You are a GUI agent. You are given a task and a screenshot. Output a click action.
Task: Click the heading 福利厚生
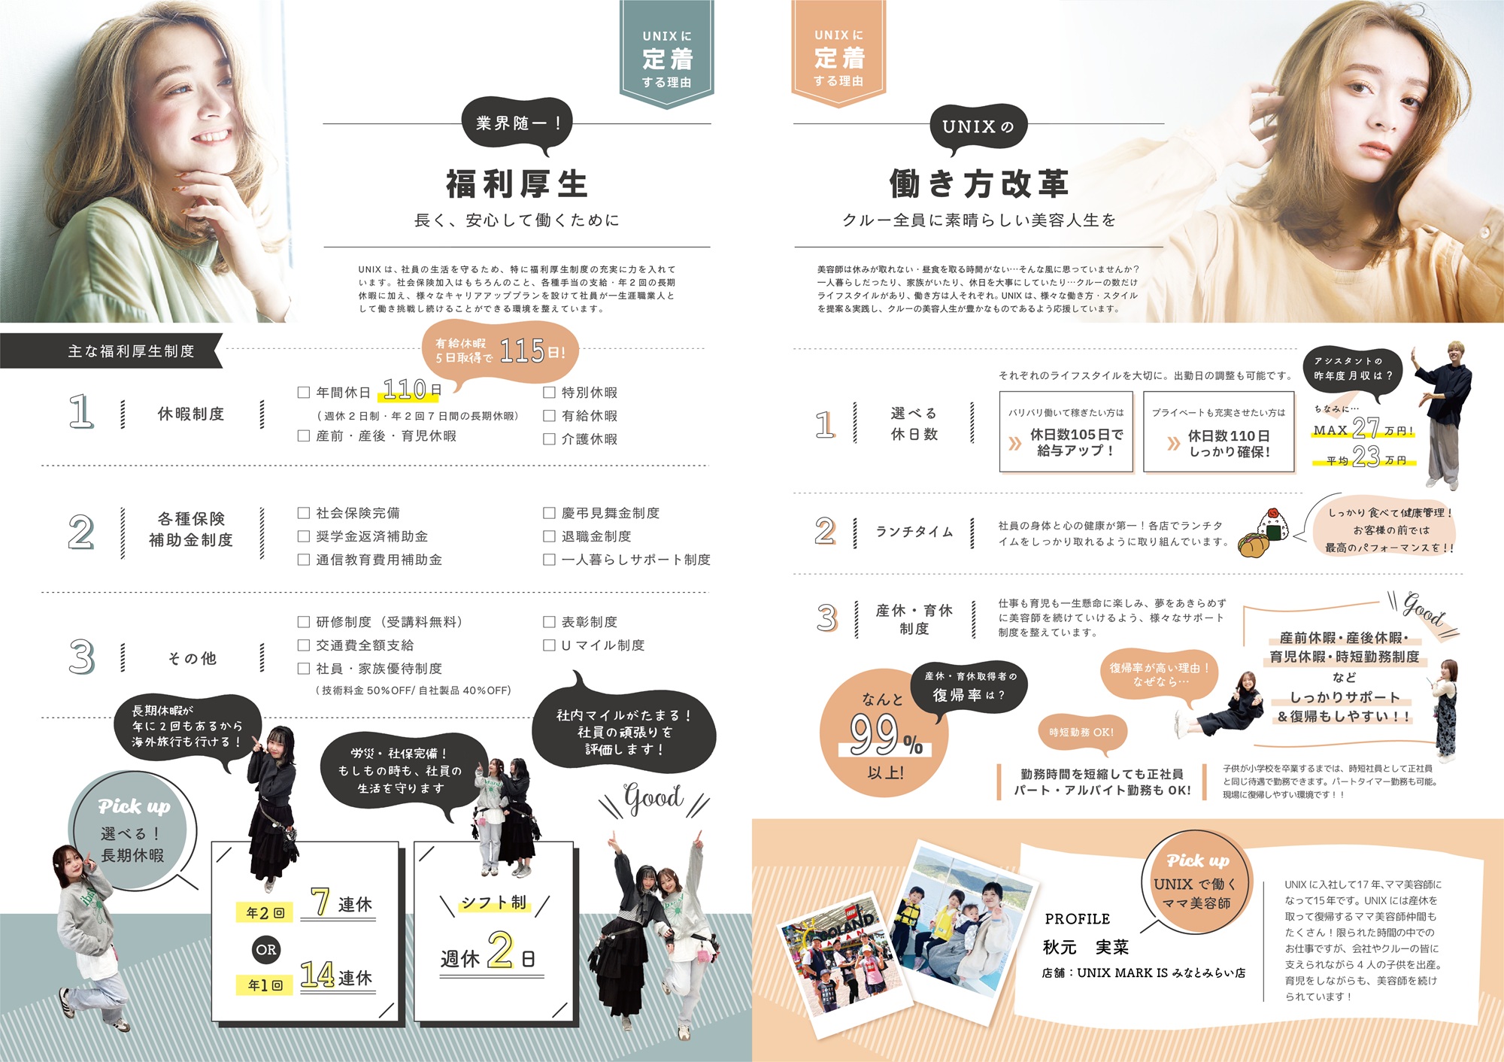click(x=517, y=184)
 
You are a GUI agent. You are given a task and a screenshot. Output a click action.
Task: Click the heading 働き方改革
click(x=978, y=184)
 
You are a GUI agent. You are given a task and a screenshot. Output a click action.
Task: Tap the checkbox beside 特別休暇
click(x=549, y=393)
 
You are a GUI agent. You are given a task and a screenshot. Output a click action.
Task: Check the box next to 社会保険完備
click(x=304, y=513)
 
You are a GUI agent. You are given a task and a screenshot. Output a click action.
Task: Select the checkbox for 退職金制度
click(x=549, y=536)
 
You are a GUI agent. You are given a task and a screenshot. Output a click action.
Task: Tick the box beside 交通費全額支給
click(x=304, y=645)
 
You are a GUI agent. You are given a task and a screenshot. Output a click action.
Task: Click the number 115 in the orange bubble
click(x=522, y=350)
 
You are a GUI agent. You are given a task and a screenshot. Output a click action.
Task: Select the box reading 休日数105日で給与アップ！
click(x=1066, y=432)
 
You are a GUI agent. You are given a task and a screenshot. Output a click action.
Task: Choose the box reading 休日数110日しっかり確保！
click(x=1219, y=432)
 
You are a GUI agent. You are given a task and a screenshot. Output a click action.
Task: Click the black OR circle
click(x=266, y=949)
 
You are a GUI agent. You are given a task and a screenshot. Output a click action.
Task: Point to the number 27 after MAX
click(x=1366, y=429)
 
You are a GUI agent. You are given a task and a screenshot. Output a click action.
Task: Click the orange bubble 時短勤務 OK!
click(x=1081, y=732)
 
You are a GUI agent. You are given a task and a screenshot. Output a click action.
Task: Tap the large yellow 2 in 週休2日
click(x=500, y=950)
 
